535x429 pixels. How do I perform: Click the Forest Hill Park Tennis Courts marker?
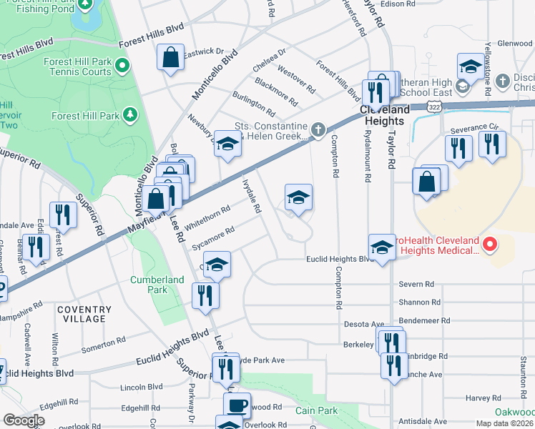[x=122, y=67]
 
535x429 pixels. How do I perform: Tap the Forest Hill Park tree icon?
[x=129, y=114]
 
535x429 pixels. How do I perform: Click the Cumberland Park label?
[x=149, y=285]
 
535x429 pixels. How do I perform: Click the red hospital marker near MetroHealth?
[x=490, y=245]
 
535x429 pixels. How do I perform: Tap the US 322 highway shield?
[x=433, y=106]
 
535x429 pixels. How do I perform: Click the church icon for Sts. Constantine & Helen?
[x=318, y=129]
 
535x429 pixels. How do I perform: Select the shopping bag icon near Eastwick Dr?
[x=172, y=59]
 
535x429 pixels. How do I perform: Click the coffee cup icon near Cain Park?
[x=237, y=405]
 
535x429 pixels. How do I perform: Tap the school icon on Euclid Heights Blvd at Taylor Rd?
[x=383, y=247]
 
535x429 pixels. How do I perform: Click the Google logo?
[x=24, y=420]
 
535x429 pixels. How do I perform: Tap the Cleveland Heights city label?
[x=385, y=115]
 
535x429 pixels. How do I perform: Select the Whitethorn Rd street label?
[x=207, y=217]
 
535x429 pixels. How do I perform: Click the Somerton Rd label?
[x=101, y=344]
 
